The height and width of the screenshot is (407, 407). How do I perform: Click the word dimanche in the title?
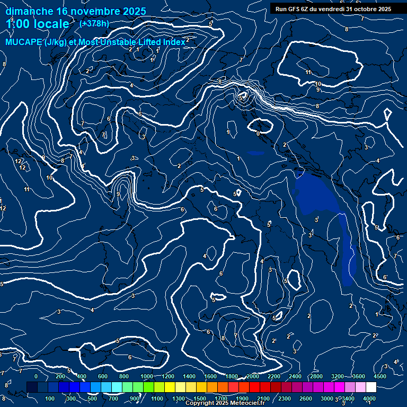[29, 11]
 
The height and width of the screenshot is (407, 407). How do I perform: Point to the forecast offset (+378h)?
[94, 24]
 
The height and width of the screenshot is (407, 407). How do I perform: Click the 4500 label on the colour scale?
[379, 376]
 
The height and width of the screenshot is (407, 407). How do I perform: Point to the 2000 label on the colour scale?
[253, 376]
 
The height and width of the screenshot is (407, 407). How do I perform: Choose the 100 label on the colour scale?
[50, 399]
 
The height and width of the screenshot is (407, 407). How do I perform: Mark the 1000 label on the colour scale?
[147, 376]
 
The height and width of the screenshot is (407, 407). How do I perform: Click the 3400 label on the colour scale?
[348, 399]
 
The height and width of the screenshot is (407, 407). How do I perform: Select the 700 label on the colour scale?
[114, 399]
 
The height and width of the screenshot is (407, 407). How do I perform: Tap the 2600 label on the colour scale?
[306, 399]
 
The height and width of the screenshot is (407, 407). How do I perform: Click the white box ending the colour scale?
[370, 388]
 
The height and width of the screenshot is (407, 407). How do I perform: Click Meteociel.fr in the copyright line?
[245, 403]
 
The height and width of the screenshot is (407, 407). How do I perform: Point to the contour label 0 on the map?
[258, 134]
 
